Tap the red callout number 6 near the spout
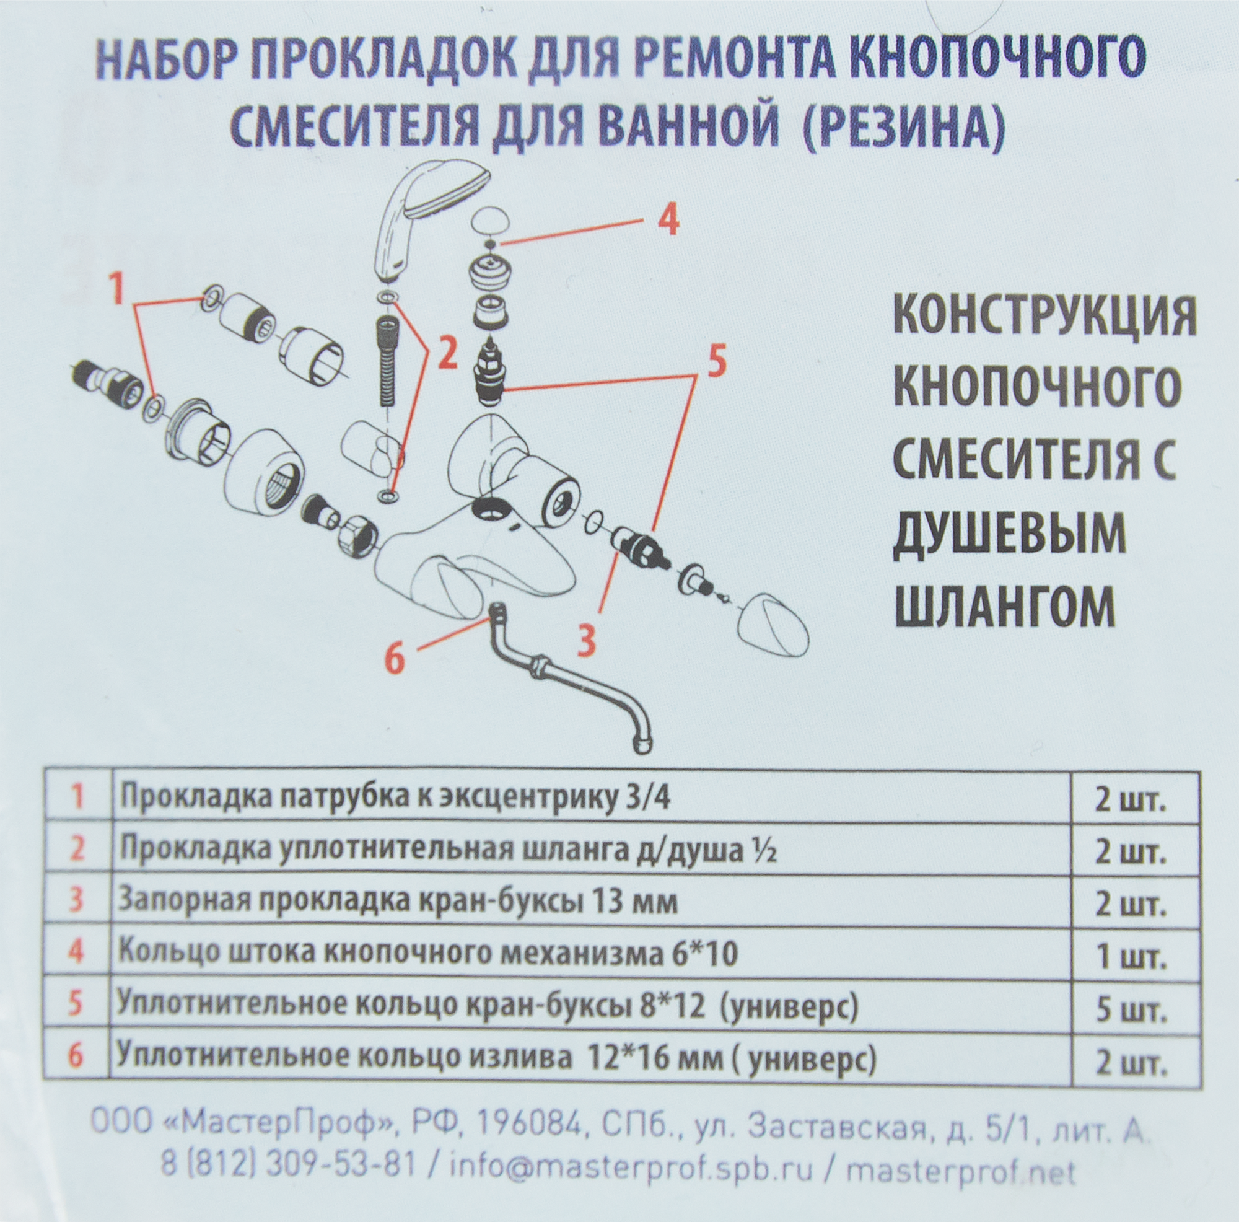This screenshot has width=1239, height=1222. pos(395,658)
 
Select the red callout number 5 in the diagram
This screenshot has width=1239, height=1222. pos(716,361)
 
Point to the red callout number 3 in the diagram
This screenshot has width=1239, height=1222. pos(586,641)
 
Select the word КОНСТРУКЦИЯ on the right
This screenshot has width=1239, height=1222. pos(1044,316)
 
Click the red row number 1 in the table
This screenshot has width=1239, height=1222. pos(77,798)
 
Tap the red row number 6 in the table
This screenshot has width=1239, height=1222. pos(76,1057)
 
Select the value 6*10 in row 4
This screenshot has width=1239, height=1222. pos(699,955)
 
